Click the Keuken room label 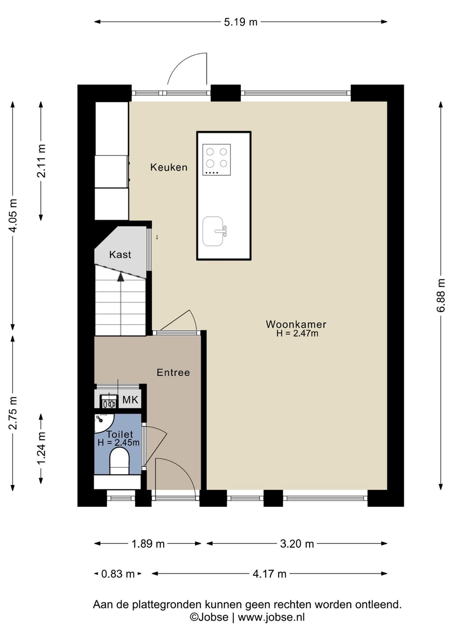(169, 167)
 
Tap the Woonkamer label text (296, 324)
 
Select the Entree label (173, 372)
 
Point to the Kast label (120, 255)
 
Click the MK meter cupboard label (130, 400)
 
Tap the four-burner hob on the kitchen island (217, 160)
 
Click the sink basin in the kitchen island (213, 231)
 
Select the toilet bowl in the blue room (119, 461)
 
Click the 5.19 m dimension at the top (240, 22)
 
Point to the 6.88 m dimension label (442, 295)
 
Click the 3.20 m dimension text (297, 544)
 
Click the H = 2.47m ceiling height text (297, 333)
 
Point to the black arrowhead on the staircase (121, 277)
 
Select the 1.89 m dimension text (148, 544)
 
